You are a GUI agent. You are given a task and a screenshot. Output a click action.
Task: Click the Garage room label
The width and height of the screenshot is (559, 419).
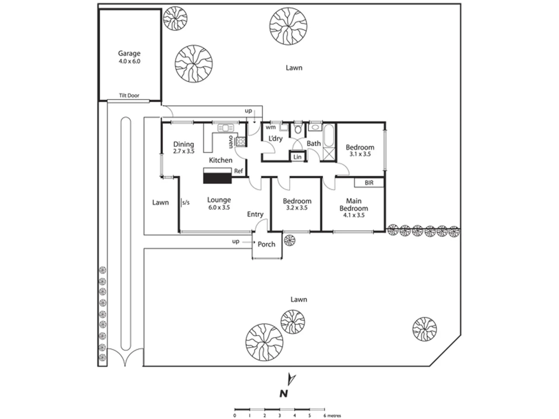[x=129, y=54]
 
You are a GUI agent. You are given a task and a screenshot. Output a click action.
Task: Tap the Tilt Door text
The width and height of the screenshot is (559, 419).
[x=129, y=96]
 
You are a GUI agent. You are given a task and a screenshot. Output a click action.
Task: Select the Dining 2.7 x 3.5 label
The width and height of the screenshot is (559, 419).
[x=184, y=147]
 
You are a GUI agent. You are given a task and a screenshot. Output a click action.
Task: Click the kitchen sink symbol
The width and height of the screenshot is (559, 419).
[x=226, y=128]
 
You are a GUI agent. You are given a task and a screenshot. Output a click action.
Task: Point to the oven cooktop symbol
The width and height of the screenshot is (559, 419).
[x=240, y=142]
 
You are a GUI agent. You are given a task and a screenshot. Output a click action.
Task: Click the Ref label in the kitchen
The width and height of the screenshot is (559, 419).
[x=238, y=171]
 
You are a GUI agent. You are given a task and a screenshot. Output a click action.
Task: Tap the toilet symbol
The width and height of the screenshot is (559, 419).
[x=297, y=128]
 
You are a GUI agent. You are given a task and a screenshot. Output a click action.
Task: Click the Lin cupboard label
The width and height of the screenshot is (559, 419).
[x=297, y=157]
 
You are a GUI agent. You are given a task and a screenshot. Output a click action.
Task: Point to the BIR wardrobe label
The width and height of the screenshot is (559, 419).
[x=369, y=183]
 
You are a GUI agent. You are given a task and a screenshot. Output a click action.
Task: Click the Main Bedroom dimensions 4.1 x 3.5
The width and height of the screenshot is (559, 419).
[x=354, y=215]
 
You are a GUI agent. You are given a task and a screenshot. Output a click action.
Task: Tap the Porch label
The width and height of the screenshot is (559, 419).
[x=266, y=244]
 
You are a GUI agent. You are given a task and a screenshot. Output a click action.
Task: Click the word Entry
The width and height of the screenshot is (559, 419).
[x=255, y=215]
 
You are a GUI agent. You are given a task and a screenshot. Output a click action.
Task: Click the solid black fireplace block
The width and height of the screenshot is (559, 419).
[x=217, y=178]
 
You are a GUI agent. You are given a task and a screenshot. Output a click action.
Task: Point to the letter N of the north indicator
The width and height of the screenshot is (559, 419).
[x=284, y=394]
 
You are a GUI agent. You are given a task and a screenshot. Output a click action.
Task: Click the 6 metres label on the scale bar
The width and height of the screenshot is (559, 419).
[x=332, y=416]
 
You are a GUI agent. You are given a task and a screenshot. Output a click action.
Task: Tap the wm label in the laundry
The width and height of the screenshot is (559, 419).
[x=271, y=127]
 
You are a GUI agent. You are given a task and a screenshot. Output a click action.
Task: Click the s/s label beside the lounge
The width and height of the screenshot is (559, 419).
[x=186, y=203]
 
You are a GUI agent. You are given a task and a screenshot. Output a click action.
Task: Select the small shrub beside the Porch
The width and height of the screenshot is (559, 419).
[x=290, y=241]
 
